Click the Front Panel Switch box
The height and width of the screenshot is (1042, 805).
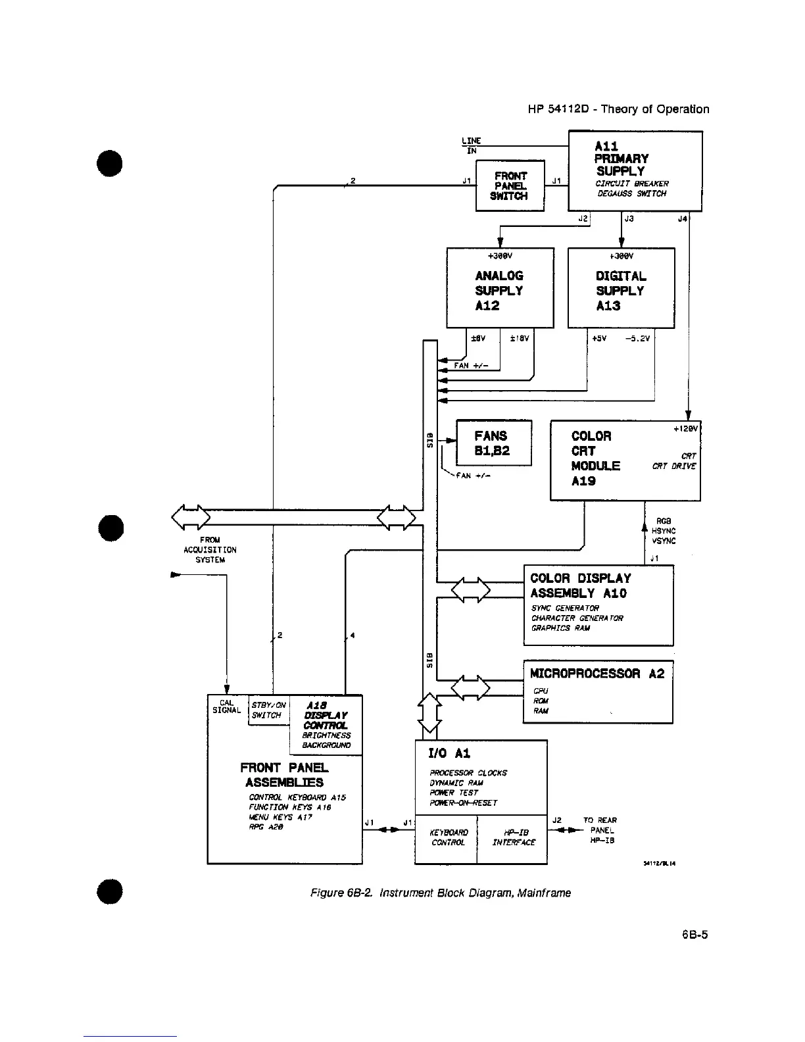[510, 186]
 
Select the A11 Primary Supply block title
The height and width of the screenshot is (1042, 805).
[621, 159]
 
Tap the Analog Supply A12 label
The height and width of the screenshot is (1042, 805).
[499, 290]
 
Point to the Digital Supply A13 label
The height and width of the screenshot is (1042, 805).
[620, 290]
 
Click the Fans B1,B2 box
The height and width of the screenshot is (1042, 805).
[493, 443]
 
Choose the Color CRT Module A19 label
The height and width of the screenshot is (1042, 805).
[595, 458]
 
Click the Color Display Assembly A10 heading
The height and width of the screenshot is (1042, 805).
[580, 585]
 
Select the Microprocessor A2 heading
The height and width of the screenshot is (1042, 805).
[598, 673]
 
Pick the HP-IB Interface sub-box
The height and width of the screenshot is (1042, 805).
[513, 837]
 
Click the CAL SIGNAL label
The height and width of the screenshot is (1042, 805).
[226, 707]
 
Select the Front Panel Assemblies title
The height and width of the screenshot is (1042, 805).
[284, 775]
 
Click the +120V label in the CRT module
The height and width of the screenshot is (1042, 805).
[684, 428]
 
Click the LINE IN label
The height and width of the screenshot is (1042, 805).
[472, 145]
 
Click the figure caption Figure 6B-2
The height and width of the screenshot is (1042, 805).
[440, 893]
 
